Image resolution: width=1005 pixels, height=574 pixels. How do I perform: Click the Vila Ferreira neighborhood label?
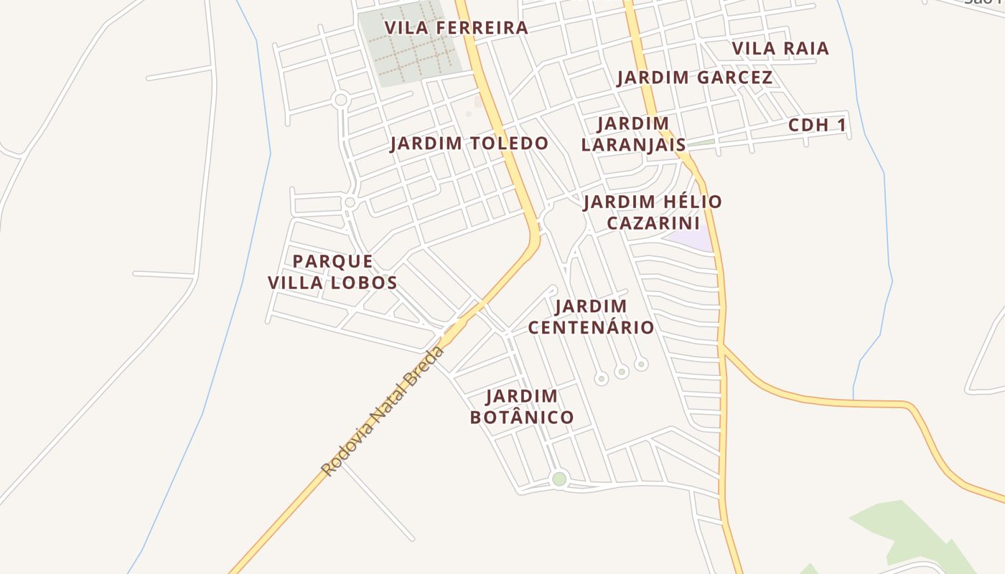pyautogui.click(x=456, y=28)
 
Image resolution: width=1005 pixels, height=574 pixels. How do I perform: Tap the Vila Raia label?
pyautogui.click(x=780, y=48)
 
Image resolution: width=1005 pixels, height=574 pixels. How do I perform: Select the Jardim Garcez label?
pyautogui.click(x=694, y=77)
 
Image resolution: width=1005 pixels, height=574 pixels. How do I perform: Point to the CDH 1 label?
pyautogui.click(x=817, y=126)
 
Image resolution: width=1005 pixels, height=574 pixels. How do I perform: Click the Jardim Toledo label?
pyautogui.click(x=469, y=143)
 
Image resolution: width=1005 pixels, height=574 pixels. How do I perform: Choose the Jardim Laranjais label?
pyautogui.click(x=632, y=134)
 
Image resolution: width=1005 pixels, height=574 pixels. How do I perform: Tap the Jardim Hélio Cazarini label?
pyautogui.click(x=652, y=212)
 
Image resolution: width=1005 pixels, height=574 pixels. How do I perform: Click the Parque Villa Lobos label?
pyautogui.click(x=332, y=272)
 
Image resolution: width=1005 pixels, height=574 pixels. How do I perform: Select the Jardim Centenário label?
pyautogui.click(x=591, y=317)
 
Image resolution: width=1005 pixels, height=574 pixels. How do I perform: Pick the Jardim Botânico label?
pyautogui.click(x=522, y=407)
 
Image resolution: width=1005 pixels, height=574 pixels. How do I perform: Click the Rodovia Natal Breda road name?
pyautogui.click(x=383, y=411)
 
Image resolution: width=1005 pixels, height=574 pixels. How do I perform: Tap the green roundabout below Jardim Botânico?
pyautogui.click(x=559, y=479)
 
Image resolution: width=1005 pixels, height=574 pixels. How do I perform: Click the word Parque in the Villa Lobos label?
pyautogui.click(x=332, y=261)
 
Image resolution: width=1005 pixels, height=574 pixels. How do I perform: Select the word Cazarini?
pyautogui.click(x=653, y=223)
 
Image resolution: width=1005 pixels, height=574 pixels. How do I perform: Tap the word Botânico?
pyautogui.click(x=522, y=418)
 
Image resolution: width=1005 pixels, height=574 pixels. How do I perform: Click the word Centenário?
pyautogui.click(x=591, y=328)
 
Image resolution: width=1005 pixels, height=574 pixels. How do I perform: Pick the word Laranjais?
pyautogui.click(x=632, y=144)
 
